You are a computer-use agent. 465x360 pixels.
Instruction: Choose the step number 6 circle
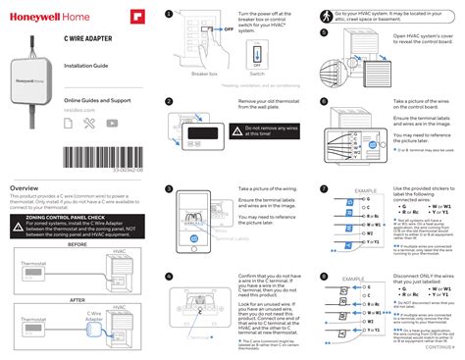click(x=325, y=101)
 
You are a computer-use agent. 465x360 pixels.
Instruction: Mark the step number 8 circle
click(x=325, y=278)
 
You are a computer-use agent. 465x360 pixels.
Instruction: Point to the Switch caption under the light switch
click(x=257, y=74)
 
